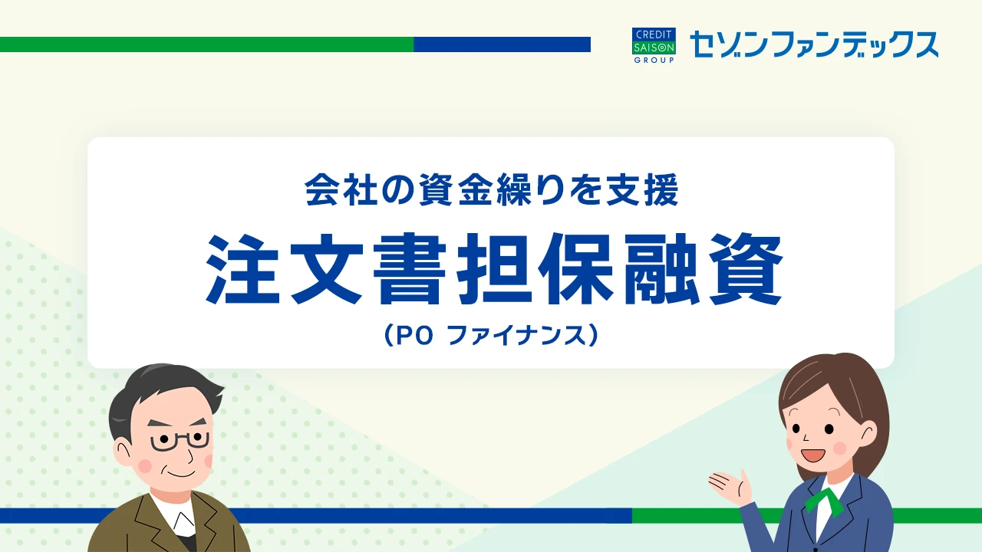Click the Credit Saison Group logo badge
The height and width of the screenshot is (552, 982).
(x=654, y=45)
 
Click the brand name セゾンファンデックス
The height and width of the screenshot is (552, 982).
(x=814, y=44)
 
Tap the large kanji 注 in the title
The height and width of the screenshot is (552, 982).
(x=243, y=268)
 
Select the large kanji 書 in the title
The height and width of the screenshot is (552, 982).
(x=410, y=268)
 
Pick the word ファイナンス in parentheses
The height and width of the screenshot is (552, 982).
(x=518, y=337)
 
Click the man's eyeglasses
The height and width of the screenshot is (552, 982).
(x=180, y=441)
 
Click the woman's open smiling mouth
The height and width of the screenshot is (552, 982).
(x=812, y=455)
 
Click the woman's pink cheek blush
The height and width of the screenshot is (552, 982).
(x=839, y=449)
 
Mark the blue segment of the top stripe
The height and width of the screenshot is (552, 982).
(x=502, y=44)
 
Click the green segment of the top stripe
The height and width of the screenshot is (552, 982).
(x=206, y=44)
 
